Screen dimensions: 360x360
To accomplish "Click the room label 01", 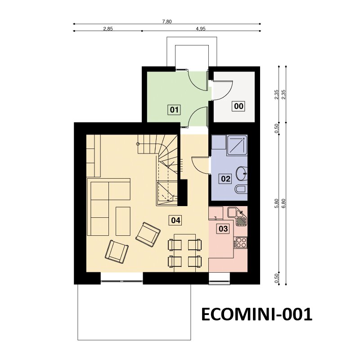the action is click(174, 110).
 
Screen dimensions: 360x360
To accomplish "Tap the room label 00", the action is click(239, 106).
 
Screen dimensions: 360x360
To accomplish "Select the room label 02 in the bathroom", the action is click(225, 179).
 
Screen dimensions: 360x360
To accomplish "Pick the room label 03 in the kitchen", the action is click(223, 229).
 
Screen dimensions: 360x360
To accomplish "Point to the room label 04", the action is click(175, 220).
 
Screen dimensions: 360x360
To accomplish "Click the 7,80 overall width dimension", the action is click(167, 22).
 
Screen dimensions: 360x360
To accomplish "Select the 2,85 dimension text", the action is click(108, 29).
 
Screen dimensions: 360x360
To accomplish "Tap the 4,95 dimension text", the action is click(201, 29).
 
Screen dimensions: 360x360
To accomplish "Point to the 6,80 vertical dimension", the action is click(283, 203).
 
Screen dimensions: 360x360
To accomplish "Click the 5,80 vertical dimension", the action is click(276, 203).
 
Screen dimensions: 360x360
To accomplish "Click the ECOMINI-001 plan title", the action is click(256, 314).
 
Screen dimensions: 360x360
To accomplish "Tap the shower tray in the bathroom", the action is click(237, 145).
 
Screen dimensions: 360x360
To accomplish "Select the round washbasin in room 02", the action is click(242, 173).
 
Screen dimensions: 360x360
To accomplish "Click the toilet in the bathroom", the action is click(241, 189).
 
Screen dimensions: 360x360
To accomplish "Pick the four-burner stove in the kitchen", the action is click(241, 243).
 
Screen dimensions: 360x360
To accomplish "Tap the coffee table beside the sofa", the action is click(123, 221).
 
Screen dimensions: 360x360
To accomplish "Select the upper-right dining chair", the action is click(195, 244).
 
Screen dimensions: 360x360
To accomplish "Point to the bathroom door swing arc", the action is click(200, 165).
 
